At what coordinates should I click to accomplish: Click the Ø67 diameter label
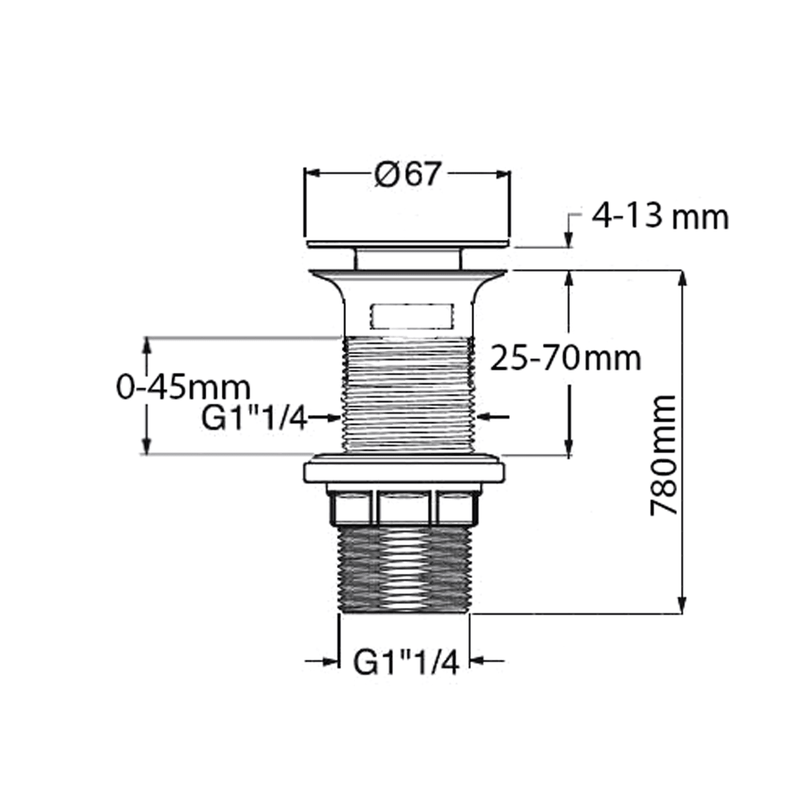pos(408,174)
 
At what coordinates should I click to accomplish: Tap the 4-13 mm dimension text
pos(660,217)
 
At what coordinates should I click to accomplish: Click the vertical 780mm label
pos(664,456)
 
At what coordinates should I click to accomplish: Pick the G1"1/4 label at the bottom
pos(406,664)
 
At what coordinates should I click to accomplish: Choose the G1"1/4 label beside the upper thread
pos(254,419)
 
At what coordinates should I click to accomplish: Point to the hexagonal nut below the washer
pos(404,506)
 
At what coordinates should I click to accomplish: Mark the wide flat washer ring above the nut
pos(404,472)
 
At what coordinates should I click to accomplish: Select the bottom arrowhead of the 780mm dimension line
pos(682,606)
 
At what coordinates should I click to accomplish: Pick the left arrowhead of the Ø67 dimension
pos(311,174)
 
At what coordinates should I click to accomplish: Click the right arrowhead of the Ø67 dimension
pos(503,174)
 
